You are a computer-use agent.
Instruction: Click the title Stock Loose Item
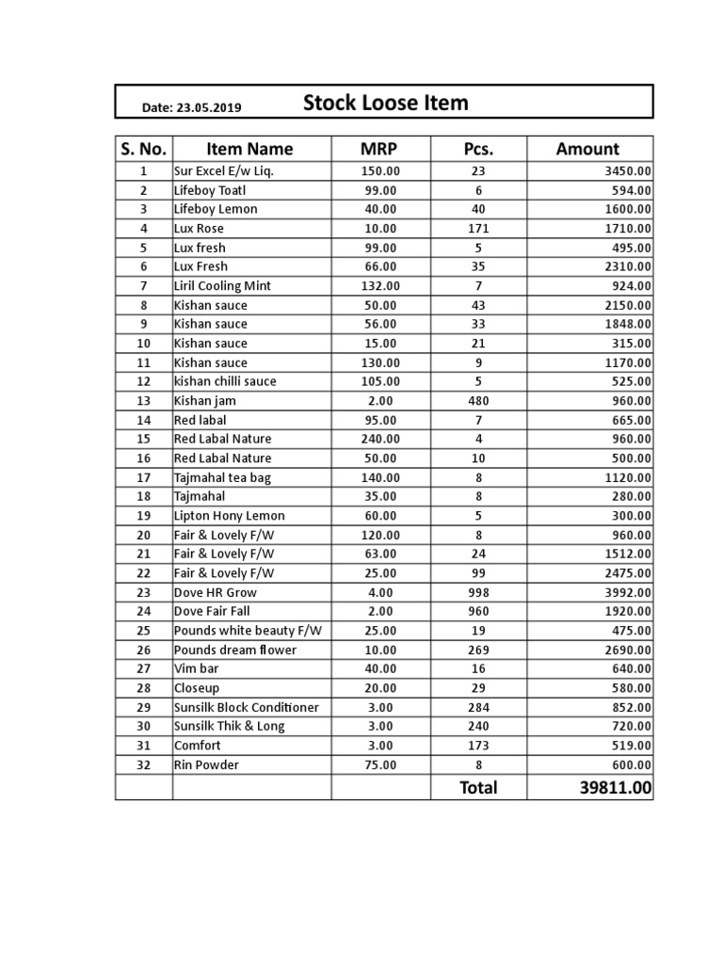point(385,103)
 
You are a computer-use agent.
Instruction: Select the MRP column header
point(380,149)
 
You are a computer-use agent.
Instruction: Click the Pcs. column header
point(478,149)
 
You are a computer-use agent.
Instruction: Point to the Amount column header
point(587,149)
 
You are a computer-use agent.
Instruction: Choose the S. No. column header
point(143,149)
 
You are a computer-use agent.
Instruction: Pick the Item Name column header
point(249,149)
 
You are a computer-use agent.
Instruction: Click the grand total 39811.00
point(615,788)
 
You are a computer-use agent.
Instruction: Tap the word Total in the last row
point(478,788)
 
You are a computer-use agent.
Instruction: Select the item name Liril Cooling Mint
point(221,286)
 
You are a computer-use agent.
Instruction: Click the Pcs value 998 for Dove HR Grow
point(478,593)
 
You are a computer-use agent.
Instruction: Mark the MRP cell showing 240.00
point(380,440)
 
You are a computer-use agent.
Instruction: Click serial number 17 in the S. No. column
point(143,477)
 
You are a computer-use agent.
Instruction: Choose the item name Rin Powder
point(206,765)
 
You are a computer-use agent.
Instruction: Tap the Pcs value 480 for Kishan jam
point(478,401)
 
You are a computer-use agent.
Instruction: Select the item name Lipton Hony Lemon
point(229,516)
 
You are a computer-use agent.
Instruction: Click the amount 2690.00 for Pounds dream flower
point(628,651)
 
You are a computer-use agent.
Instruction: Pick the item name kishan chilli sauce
point(225,382)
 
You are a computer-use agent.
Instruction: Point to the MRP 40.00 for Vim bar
point(380,669)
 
